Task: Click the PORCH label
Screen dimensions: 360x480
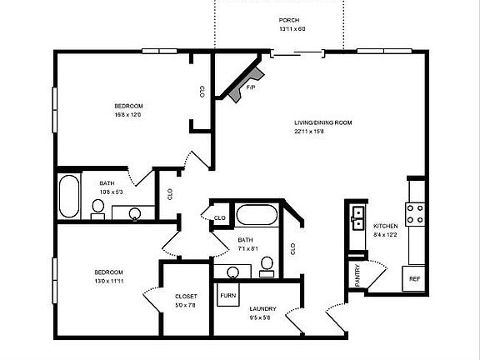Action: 289,20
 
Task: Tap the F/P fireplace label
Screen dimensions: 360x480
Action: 250,87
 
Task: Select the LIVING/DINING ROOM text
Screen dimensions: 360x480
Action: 323,122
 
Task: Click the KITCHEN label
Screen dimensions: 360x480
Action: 385,226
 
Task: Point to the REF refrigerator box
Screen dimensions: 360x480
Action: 414,279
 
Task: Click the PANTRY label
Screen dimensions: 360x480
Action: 357,276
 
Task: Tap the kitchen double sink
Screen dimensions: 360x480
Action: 358,218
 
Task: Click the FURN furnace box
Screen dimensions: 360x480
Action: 226,295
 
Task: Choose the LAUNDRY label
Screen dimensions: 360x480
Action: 262,308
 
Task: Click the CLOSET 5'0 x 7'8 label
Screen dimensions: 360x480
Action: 185,296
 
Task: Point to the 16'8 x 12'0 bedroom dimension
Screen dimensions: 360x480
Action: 128,115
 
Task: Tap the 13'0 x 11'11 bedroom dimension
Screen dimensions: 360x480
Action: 108,282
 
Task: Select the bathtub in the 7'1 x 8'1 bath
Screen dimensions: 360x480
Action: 257,216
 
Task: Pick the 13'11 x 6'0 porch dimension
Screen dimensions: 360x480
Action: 292,29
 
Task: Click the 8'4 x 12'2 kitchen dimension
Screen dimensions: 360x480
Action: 385,235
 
